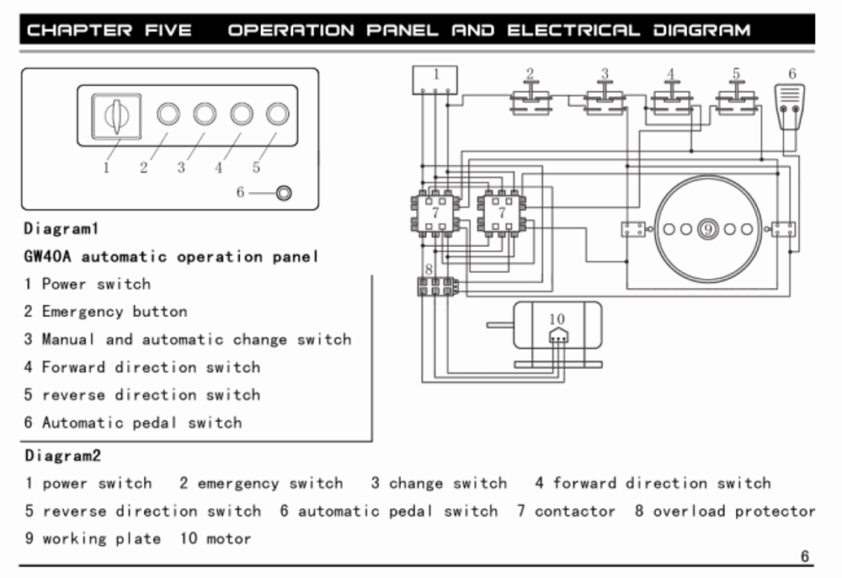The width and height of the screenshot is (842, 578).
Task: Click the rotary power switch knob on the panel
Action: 116,116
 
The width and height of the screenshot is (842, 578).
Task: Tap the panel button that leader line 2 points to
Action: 168,114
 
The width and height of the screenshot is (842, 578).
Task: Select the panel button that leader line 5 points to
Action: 278,114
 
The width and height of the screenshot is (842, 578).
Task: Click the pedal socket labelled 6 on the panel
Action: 284,192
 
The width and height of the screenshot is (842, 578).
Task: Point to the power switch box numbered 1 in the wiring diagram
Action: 435,80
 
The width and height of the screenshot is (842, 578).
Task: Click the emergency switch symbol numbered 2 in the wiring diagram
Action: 530,98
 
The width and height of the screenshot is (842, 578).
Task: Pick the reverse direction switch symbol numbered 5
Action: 737,98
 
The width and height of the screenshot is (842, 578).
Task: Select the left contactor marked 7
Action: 435,214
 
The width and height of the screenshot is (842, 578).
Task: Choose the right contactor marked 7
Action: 502,214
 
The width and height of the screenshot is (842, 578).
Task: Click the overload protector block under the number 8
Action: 438,286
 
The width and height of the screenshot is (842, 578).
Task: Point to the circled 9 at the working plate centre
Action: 708,229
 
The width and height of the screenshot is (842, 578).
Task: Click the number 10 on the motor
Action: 557,319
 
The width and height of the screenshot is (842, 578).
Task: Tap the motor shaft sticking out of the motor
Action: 500,325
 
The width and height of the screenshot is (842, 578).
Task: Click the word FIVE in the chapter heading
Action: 168,30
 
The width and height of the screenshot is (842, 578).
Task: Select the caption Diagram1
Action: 61,229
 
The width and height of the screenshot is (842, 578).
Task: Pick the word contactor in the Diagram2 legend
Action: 574,511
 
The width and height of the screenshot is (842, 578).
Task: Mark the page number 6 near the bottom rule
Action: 804,556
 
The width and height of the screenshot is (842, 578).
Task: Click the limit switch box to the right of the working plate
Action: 783,229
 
